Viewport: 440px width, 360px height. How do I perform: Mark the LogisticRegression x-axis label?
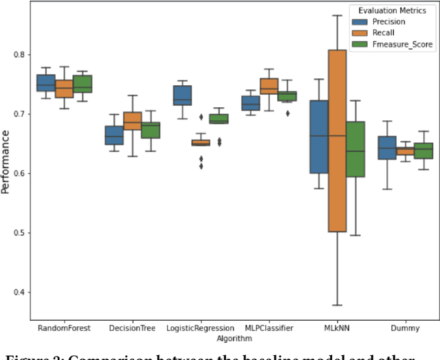pyautogui.click(x=199, y=328)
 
